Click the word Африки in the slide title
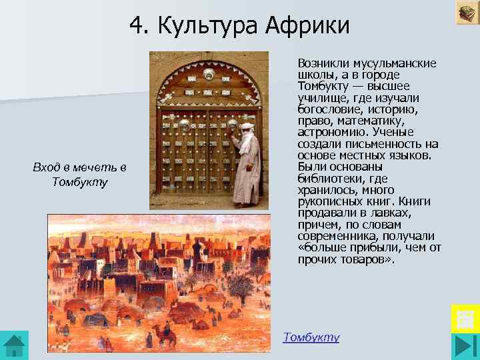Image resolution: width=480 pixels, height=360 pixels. coord(307,26)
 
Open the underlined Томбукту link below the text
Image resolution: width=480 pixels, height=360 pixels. coord(311,337)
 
